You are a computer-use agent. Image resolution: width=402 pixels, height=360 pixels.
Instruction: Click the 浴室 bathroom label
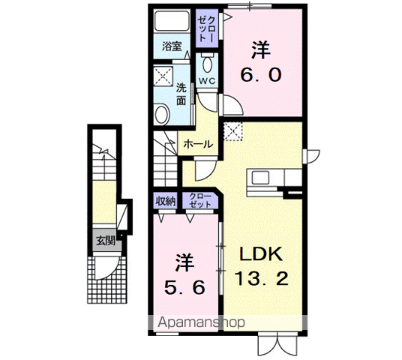pyautogui.click(x=172, y=46)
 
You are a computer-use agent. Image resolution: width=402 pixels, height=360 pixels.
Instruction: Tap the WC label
pyautogui.click(x=207, y=81)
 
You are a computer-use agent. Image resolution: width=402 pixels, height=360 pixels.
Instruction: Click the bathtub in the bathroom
pyautogui.click(x=172, y=20)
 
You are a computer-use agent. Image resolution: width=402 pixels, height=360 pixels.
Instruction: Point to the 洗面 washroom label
pyautogui.click(x=181, y=94)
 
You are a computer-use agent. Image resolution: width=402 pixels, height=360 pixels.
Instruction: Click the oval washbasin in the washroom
pyautogui.click(x=163, y=115)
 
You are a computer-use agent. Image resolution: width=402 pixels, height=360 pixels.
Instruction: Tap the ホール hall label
pyautogui.click(x=198, y=144)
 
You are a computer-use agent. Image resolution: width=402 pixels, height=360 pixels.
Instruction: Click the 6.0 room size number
pyautogui.click(x=261, y=75)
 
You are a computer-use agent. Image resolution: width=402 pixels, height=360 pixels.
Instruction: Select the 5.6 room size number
pyautogui.click(x=184, y=287)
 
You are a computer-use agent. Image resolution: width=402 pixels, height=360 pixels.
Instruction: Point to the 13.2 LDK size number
pyautogui.click(x=262, y=278)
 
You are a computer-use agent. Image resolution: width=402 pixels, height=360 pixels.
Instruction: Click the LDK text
pyautogui.click(x=261, y=253)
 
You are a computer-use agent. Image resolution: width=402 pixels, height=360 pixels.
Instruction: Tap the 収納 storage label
pyautogui.click(x=166, y=202)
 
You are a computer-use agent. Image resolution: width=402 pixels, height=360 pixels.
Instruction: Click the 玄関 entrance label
pyautogui.click(x=105, y=241)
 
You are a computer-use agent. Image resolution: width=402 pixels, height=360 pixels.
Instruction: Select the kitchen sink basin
pyautogui.click(x=260, y=178)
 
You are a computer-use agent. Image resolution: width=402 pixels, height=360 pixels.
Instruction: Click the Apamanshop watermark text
pyautogui.click(x=201, y=322)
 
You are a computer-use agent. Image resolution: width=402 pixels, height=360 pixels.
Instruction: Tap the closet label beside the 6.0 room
pyautogui.click(x=207, y=28)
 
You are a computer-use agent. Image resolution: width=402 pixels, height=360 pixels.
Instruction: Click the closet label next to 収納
pyautogui.click(x=200, y=200)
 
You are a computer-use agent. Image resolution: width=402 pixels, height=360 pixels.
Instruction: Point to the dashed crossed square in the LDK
pyautogui.click(x=232, y=131)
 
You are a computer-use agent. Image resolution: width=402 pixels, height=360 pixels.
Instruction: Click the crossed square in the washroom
pyautogui.click(x=163, y=76)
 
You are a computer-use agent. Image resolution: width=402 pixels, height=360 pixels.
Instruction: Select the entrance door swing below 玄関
pyautogui.click(x=106, y=268)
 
